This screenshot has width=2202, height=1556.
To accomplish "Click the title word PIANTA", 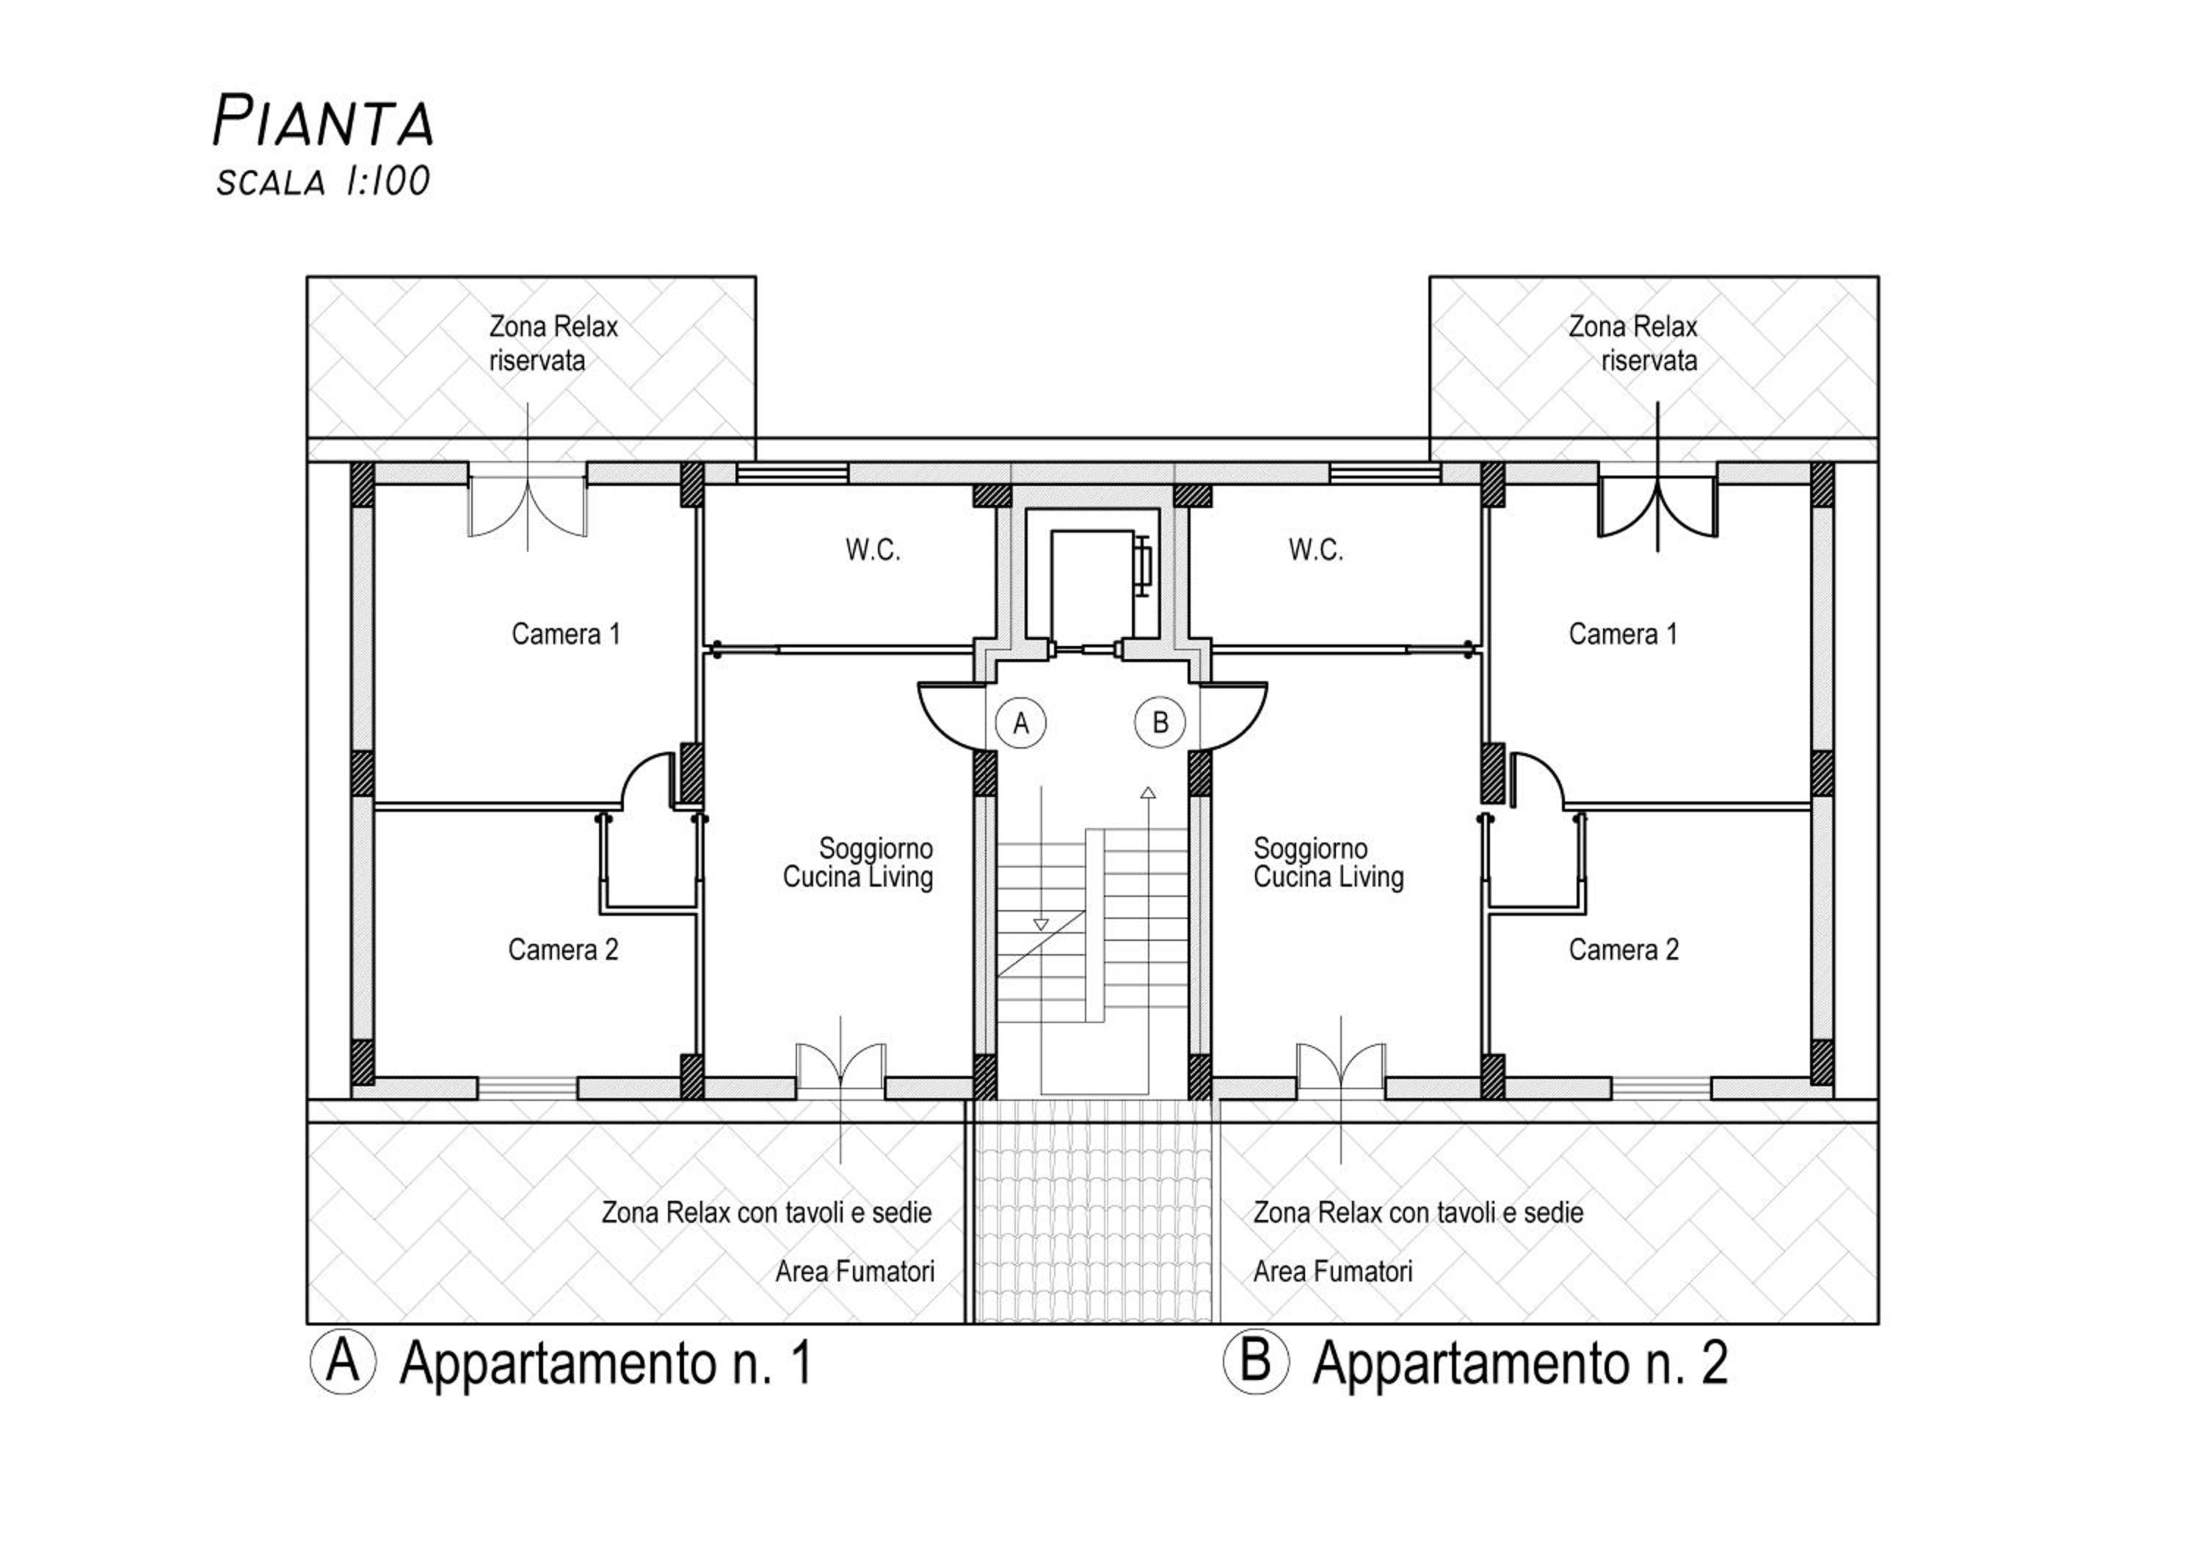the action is point(323,122).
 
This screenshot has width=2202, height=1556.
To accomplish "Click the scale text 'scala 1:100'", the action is point(323,181).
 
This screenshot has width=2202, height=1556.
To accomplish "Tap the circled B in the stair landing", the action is point(1160,723).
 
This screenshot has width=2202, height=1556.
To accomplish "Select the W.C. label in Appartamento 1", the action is point(873,550).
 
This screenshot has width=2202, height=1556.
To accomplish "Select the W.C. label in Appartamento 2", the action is point(1316,550).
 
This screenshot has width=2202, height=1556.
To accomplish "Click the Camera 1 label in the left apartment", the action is point(566,633).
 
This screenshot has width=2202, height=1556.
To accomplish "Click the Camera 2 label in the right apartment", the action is point(1624,950).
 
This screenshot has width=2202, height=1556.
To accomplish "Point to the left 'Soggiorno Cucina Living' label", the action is point(858,863).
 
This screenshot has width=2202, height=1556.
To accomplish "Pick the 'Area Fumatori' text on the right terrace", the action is point(1333,1272).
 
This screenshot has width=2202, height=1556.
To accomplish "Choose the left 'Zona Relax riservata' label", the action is point(553,343).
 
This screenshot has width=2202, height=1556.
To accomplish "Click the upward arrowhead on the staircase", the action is point(1148,793).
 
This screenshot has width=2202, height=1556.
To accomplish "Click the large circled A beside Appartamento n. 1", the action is point(342,1362).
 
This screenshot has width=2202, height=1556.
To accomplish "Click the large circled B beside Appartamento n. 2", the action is point(1255,1362).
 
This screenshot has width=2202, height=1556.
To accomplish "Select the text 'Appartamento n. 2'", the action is point(1520,1363).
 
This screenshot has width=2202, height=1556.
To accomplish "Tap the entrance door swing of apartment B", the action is point(1229,714).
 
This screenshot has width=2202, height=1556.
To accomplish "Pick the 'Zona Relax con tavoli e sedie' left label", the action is point(766,1213).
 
